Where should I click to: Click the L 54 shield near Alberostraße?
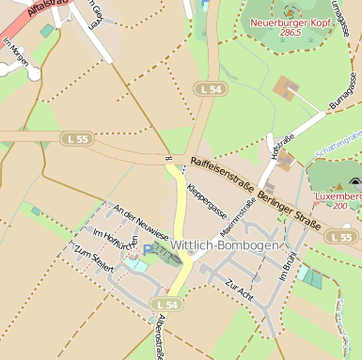pyautogui.click(x=167, y=305)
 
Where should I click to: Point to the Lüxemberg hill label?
pyautogui.click(x=341, y=196)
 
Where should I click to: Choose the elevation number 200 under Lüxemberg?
pyautogui.click(x=340, y=206)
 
